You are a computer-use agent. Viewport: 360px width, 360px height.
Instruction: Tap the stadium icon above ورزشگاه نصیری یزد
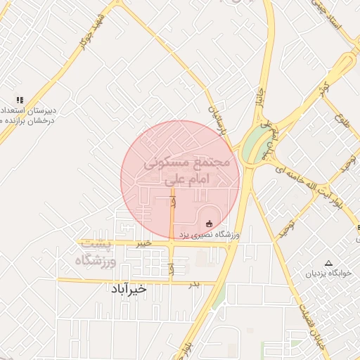[x=208, y=224]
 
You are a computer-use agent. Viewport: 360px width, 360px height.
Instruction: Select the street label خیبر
[x=144, y=243]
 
